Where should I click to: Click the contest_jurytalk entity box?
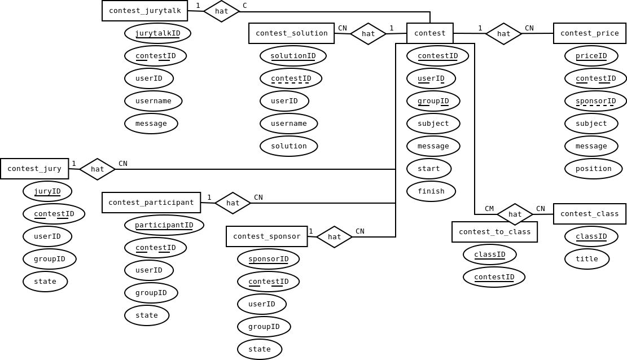pyautogui.click(x=144, y=11)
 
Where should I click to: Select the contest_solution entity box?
pyautogui.click(x=291, y=33)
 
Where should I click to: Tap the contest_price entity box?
pyautogui.click(x=589, y=33)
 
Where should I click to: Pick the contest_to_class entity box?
pyautogui.click(x=494, y=232)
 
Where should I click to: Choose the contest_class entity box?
pyautogui.click(x=589, y=214)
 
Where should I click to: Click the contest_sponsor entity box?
pyautogui.click(x=266, y=236)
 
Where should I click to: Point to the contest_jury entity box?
pyautogui.click(x=34, y=169)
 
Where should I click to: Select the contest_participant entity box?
pyautogui.click(x=151, y=203)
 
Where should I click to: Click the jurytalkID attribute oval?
pyautogui.click(x=157, y=33)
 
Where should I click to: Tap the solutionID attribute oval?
pyautogui.click(x=293, y=56)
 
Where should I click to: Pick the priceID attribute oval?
pyautogui.click(x=591, y=56)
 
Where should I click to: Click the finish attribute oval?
pyautogui.click(x=431, y=191)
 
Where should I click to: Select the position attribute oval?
pyautogui.click(x=593, y=169)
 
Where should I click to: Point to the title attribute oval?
pyautogui.click(x=586, y=259)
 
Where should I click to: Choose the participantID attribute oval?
pyautogui.click(x=164, y=225)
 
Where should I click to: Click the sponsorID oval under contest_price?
pyautogui.click(x=595, y=101)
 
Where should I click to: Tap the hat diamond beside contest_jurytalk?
pyautogui.click(x=221, y=11)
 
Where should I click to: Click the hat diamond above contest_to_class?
pyautogui.click(x=515, y=214)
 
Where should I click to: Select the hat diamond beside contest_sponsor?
pyautogui.click(x=334, y=237)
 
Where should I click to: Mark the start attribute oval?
pyautogui.click(x=428, y=169)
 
